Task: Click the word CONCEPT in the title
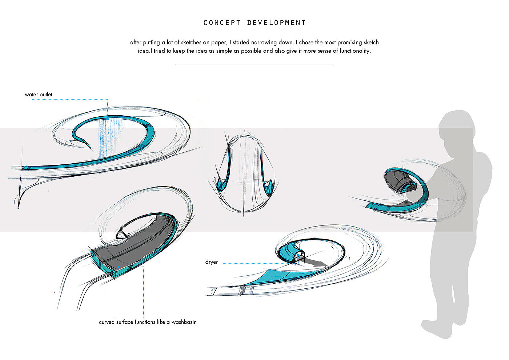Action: (222, 23)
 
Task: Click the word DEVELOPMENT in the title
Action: (276, 23)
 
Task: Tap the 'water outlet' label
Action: (39, 95)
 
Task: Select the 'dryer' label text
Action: (212, 262)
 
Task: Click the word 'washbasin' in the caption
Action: (184, 322)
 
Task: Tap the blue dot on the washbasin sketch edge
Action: (119, 267)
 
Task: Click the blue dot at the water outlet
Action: (108, 119)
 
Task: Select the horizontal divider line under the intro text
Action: (254, 65)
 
